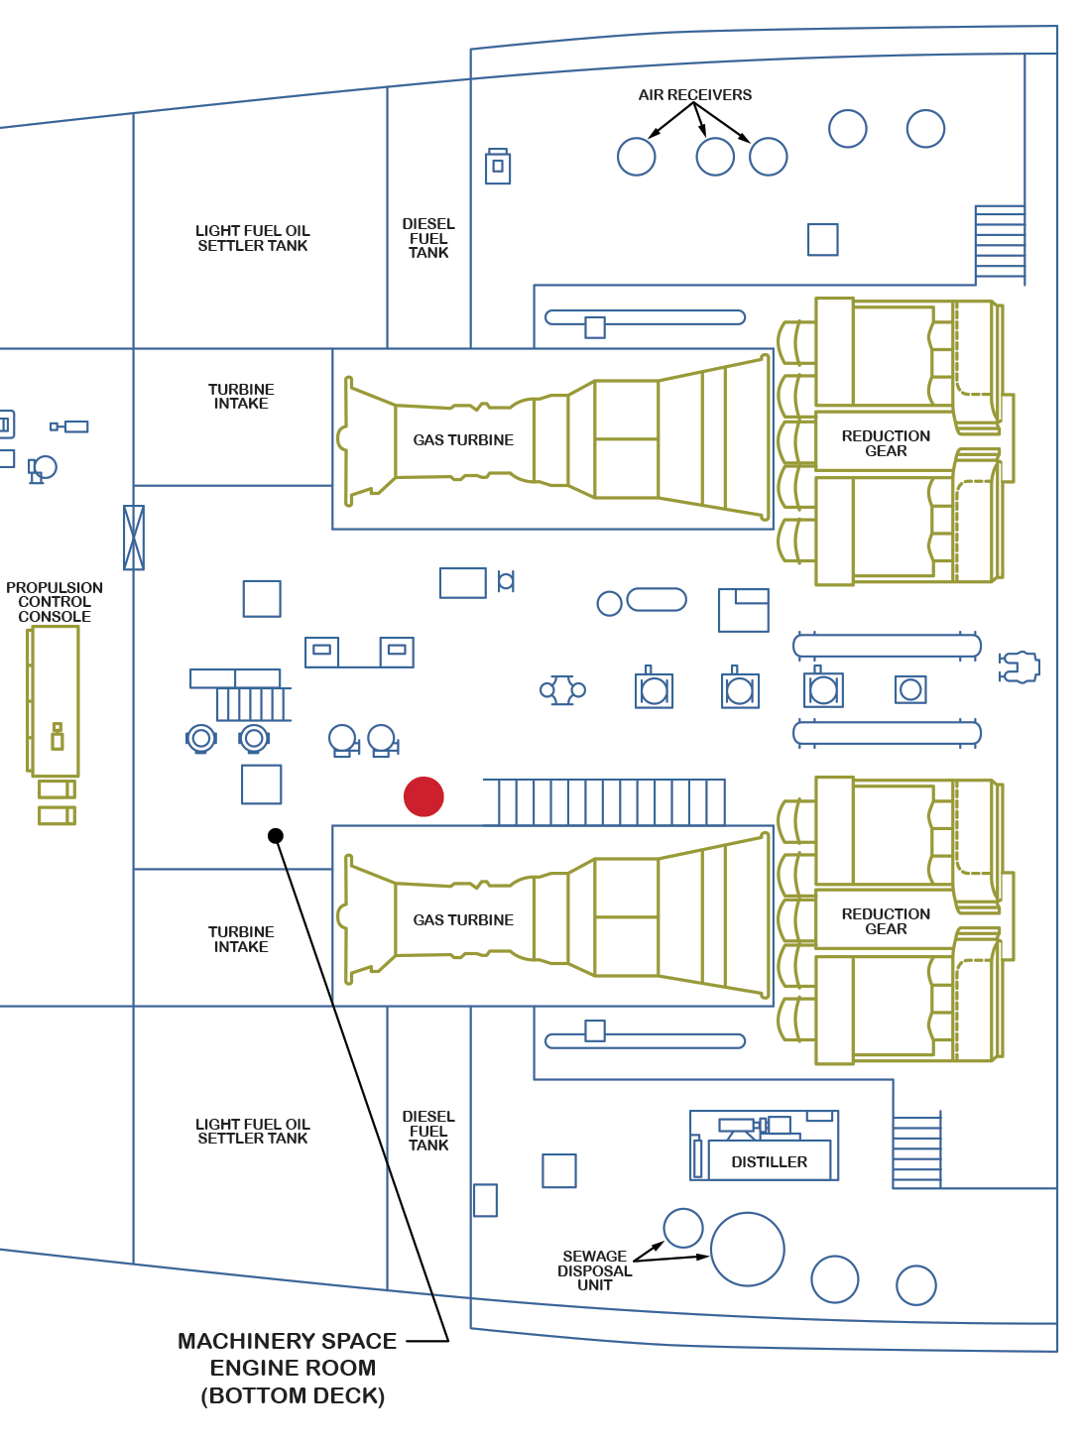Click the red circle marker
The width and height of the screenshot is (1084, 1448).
tap(423, 796)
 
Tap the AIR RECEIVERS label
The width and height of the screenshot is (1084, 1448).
tap(694, 95)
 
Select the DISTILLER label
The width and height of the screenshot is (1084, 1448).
tap(769, 1161)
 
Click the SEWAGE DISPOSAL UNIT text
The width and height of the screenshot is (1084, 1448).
tap(594, 1270)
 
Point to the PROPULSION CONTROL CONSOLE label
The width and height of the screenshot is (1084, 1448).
tap(55, 602)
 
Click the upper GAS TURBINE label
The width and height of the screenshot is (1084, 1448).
tap(463, 440)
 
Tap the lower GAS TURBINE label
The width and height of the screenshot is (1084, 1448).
tap(463, 920)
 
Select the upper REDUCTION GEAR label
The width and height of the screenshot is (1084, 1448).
tap(886, 443)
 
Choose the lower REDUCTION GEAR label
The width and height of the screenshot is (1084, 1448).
tap(886, 921)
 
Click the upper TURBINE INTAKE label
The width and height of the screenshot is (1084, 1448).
tap(241, 397)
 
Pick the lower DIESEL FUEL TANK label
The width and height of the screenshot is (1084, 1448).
tap(428, 1131)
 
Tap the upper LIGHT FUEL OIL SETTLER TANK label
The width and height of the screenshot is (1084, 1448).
tap(253, 238)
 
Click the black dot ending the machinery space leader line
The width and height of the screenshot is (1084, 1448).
tap(276, 836)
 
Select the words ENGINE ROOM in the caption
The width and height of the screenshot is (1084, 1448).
tap(293, 1368)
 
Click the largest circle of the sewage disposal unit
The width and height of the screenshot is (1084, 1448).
tap(748, 1250)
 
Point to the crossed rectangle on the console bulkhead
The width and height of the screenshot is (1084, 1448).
tap(134, 538)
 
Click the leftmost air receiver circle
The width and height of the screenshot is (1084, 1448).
tap(637, 157)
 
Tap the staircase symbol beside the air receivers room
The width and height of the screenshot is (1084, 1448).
tap(1000, 243)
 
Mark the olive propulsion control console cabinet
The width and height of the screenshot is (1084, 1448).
tap(55, 701)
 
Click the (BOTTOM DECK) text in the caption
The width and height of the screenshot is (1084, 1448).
tap(293, 1395)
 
